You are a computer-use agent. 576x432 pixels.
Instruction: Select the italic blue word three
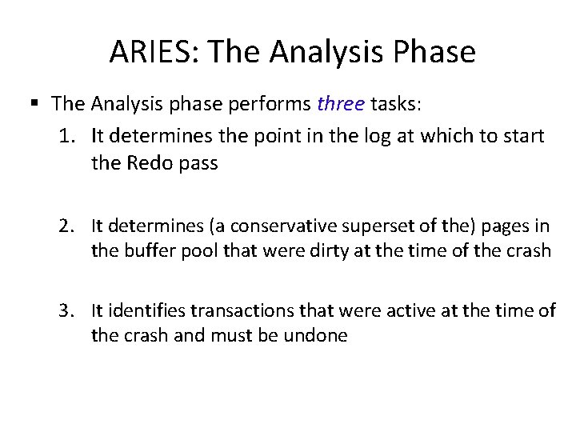(x=341, y=103)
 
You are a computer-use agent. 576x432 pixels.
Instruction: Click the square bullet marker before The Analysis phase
(x=34, y=103)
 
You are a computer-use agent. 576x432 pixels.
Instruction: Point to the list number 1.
(x=67, y=136)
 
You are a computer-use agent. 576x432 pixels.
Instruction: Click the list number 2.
(x=67, y=228)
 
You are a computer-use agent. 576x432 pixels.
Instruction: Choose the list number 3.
(x=67, y=310)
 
